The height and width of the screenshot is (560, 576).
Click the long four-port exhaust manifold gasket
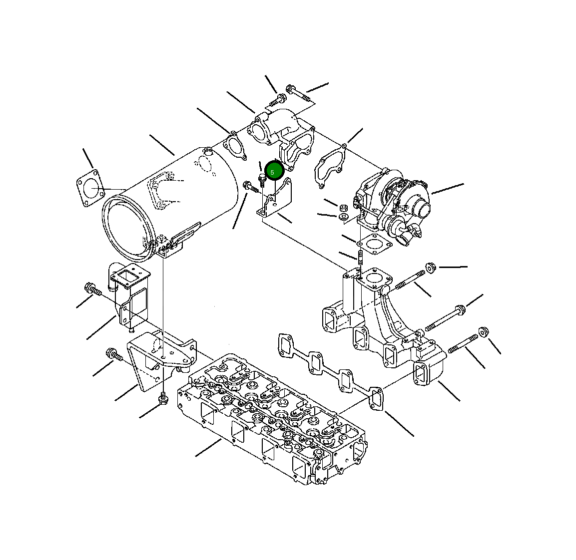[331, 371]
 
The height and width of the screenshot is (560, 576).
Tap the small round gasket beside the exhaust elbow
[234, 146]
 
